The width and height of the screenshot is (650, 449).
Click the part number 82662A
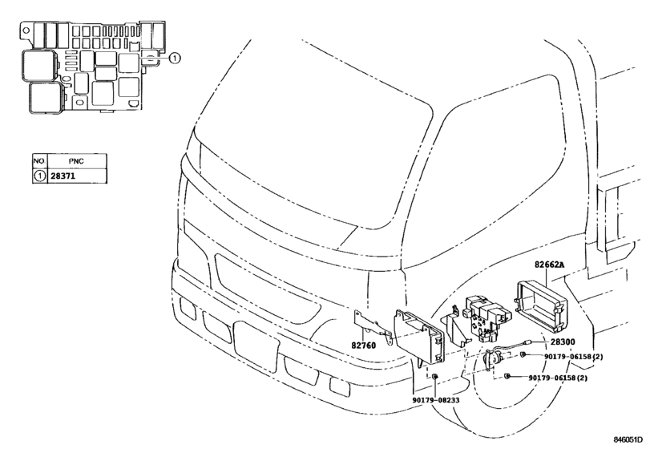click(549, 265)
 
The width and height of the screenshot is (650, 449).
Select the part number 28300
click(563, 342)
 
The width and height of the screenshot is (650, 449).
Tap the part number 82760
click(364, 345)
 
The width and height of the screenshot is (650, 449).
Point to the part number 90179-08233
click(436, 400)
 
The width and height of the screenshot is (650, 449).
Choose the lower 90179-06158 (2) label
click(558, 378)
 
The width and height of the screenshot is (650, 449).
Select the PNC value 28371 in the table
click(63, 176)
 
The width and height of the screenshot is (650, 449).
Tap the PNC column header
click(76, 161)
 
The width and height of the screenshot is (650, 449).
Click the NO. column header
click(39, 161)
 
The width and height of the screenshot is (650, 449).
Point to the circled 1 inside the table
click(39, 176)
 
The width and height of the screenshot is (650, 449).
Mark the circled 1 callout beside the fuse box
click(175, 59)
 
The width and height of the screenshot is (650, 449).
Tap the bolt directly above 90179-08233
click(434, 377)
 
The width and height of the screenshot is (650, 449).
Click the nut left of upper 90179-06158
click(523, 354)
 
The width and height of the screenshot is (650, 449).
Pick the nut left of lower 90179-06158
click(507, 376)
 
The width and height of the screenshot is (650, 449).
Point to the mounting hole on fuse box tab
click(26, 30)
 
